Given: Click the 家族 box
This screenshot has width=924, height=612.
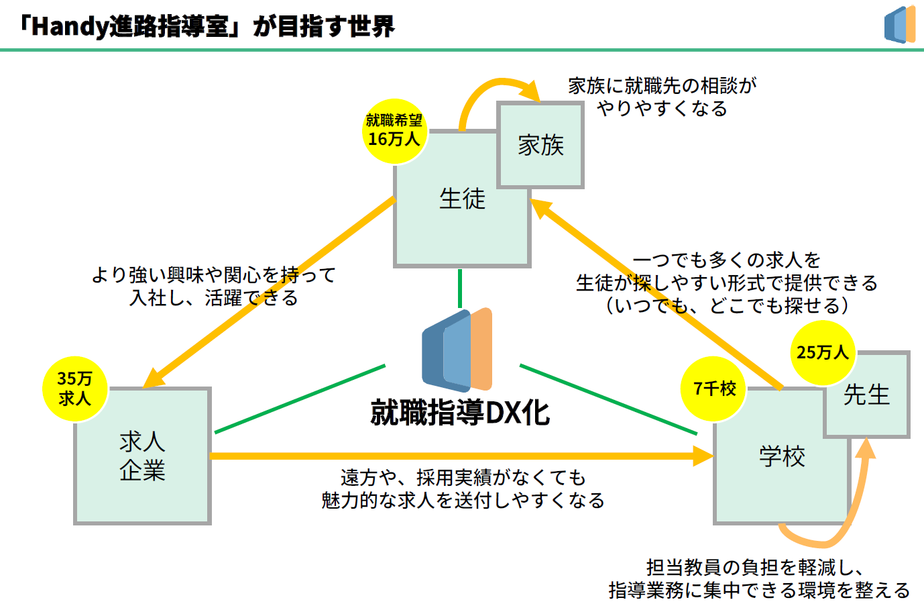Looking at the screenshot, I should [540, 145].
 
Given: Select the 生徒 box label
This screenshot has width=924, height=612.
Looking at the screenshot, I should [462, 199].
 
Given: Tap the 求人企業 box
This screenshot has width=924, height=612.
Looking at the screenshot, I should [142, 456].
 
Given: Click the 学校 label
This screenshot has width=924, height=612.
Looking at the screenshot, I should [782, 456].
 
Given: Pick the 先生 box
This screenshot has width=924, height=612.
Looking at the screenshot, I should [866, 395].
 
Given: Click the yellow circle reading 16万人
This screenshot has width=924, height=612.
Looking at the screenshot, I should [394, 131].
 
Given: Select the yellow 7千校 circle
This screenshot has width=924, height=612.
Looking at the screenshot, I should [713, 389].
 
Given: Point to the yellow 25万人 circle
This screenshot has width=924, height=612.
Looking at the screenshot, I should [823, 352].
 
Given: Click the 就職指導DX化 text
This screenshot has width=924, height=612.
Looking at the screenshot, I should [460, 413].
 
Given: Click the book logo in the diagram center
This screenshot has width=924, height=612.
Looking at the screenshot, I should [457, 350].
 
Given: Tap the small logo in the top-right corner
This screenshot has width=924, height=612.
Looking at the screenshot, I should [900, 25].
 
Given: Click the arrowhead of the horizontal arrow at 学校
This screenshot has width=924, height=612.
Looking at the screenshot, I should [703, 456].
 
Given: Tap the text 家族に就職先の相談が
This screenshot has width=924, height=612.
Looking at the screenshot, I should [662, 86].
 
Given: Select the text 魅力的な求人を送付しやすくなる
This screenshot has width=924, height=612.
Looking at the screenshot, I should [463, 501].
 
